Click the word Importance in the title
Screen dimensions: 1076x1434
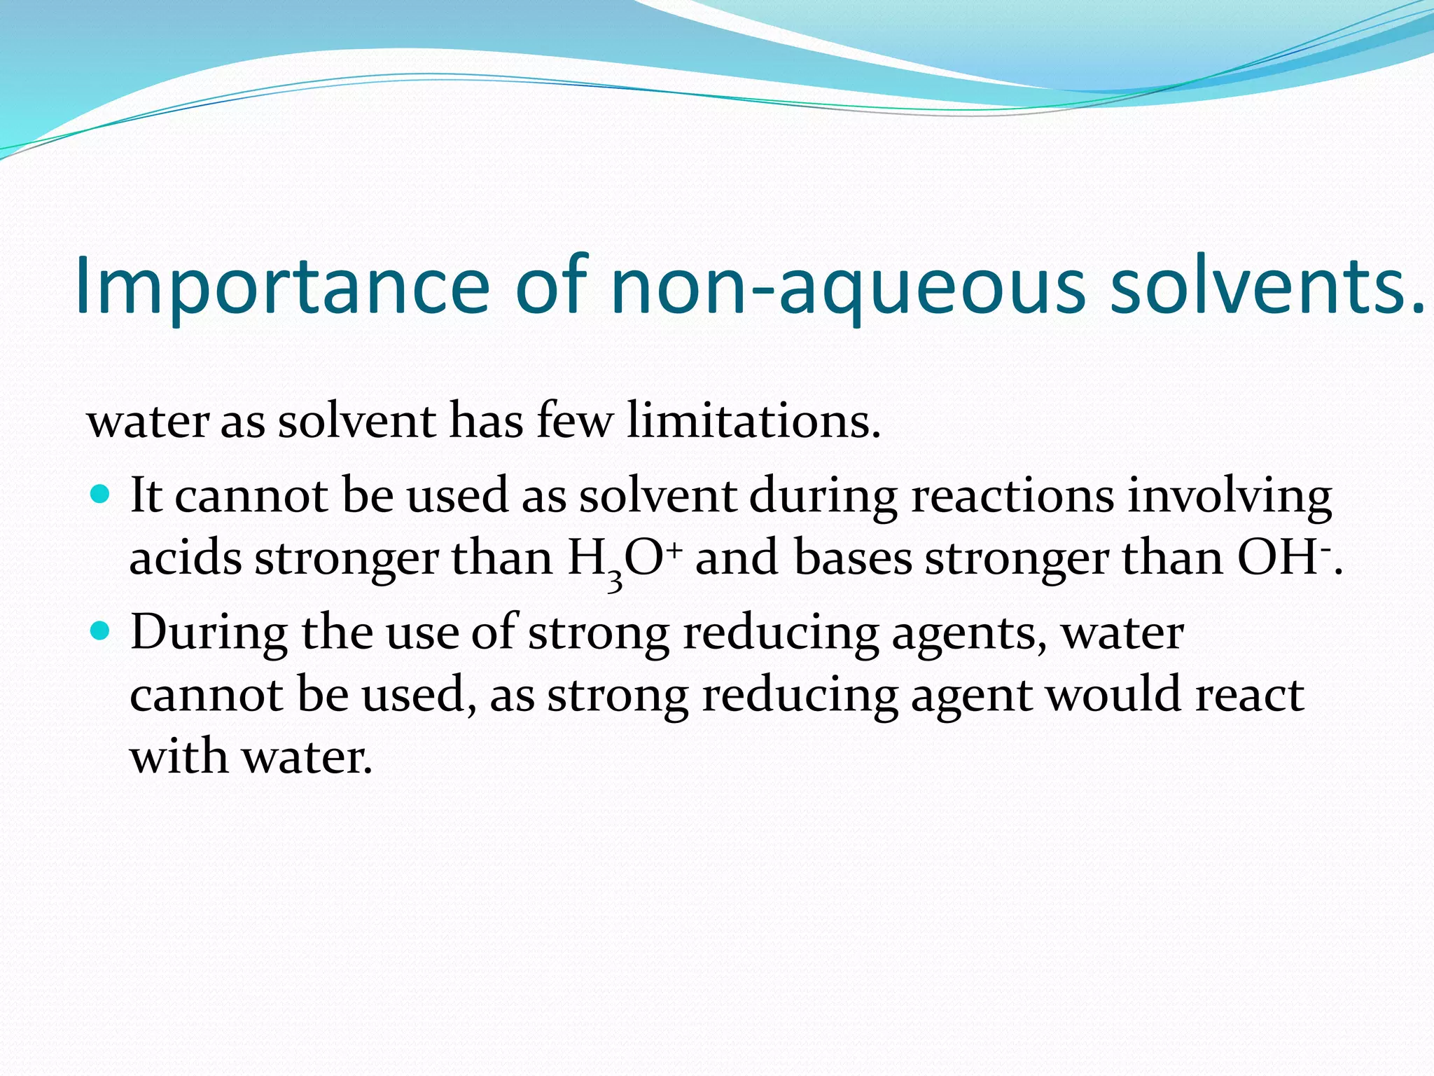281,286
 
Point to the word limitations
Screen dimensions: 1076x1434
753,421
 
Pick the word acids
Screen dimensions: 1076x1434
186,559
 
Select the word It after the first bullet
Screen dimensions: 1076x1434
146,496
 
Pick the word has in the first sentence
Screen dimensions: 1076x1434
486,421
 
